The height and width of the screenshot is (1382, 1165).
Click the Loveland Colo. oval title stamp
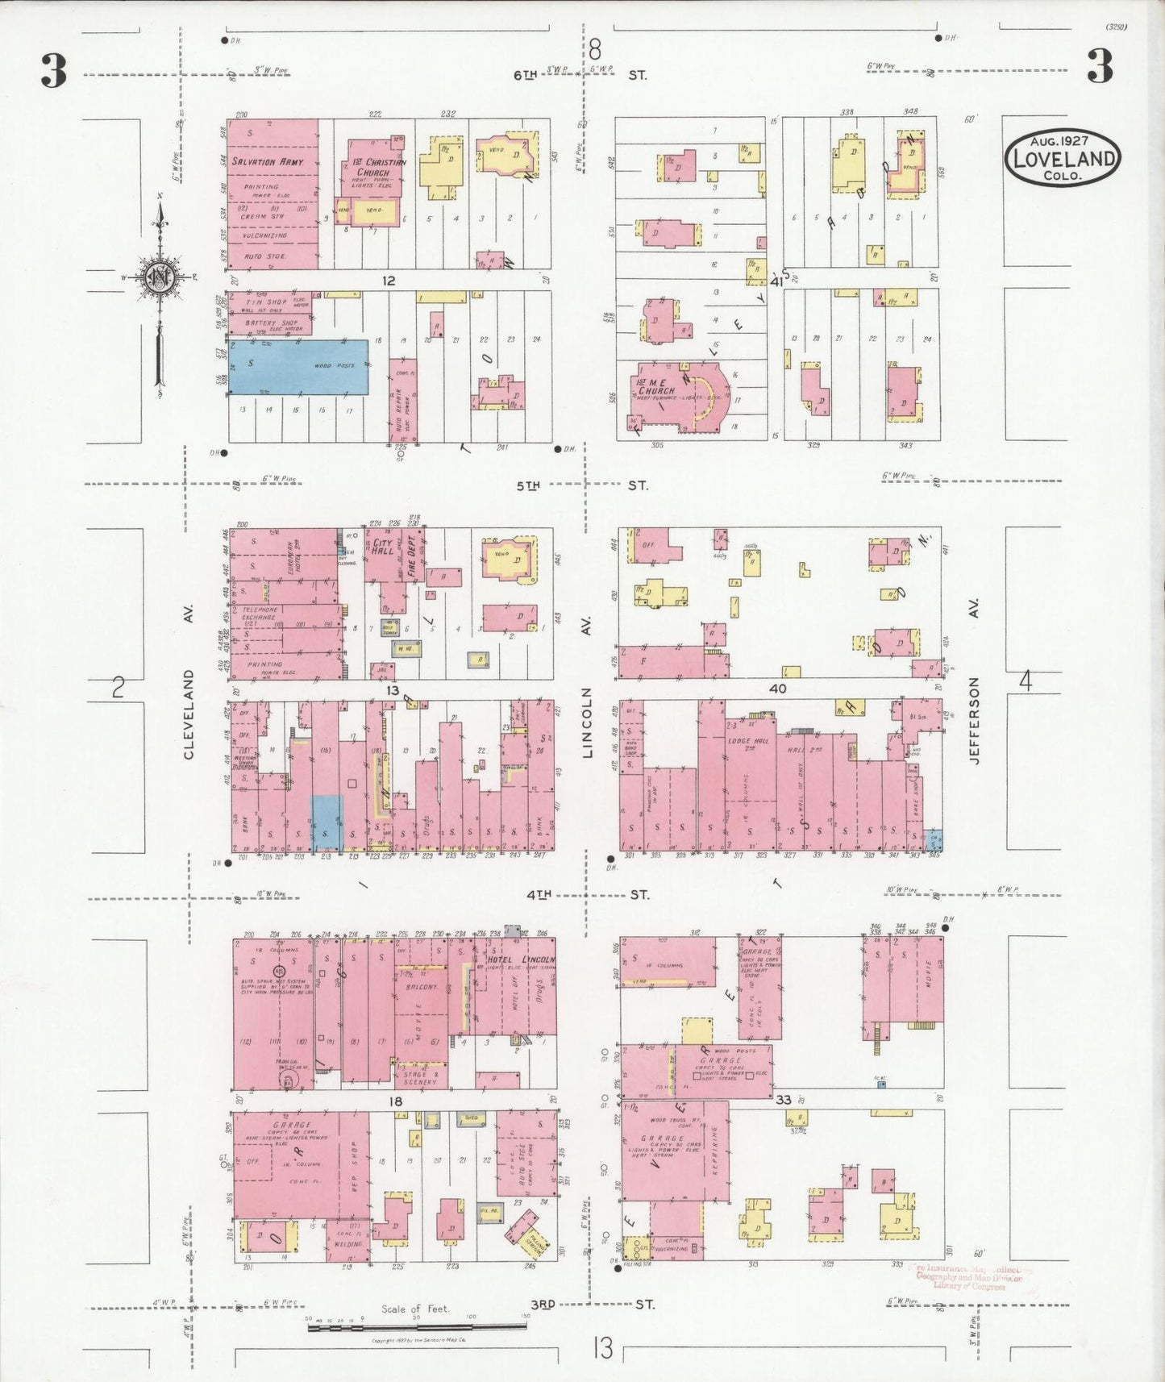[1063, 157]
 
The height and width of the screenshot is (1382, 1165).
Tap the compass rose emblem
[159, 279]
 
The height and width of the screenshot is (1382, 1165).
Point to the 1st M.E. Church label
[655, 386]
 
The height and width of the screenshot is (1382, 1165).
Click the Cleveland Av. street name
[189, 714]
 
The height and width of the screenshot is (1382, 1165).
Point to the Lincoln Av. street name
[587, 722]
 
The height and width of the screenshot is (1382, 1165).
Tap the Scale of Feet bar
[416, 1326]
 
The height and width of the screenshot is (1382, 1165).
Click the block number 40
[777, 689]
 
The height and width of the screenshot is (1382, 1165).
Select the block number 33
[783, 1100]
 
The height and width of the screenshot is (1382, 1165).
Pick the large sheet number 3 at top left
[53, 71]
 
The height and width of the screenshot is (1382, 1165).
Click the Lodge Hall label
[750, 740]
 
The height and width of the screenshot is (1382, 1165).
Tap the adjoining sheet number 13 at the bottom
[602, 1348]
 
